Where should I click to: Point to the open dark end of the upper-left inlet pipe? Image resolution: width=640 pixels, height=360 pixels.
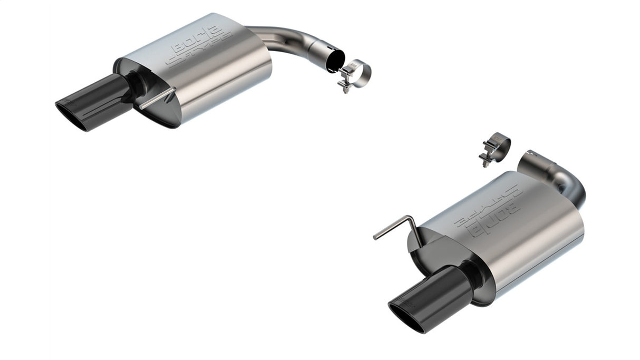(x=335, y=61)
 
